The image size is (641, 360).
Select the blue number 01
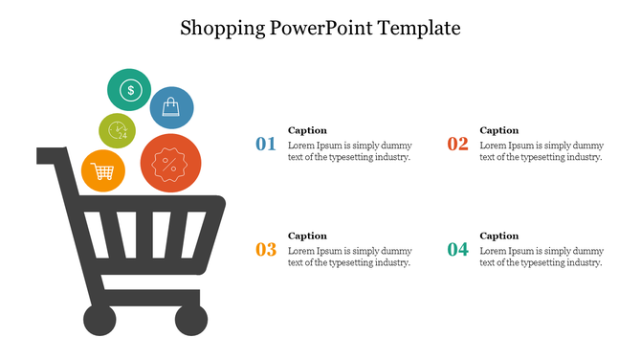click(266, 145)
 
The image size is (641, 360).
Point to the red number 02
click(457, 145)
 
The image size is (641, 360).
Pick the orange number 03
click(266, 250)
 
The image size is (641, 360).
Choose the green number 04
click(457, 250)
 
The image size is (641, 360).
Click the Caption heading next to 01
click(307, 130)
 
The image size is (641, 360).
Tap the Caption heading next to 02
click(498, 130)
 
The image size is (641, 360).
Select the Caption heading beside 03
click(307, 236)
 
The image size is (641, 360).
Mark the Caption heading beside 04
click(498, 236)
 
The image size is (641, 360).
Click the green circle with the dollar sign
click(129, 91)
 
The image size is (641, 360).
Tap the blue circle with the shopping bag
click(171, 107)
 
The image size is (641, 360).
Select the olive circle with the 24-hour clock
click(117, 130)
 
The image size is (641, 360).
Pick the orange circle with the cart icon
click(102, 171)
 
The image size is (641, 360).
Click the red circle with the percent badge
click(170, 164)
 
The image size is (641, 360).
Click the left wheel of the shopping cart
click(99, 320)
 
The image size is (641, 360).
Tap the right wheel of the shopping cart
click(190, 320)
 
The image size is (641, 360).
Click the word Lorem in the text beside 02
click(493, 146)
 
